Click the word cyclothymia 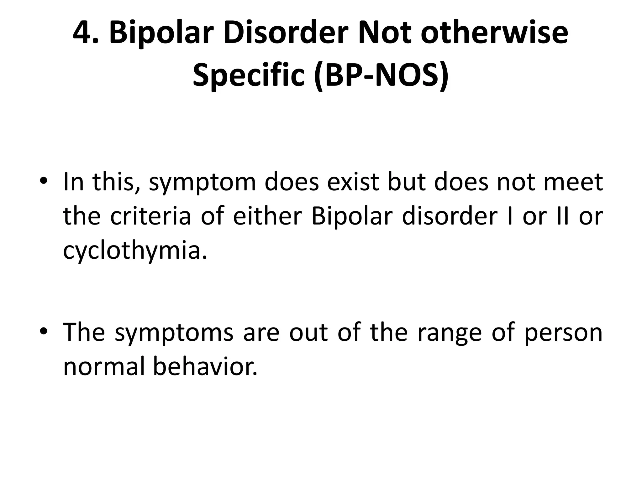pos(135,251)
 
